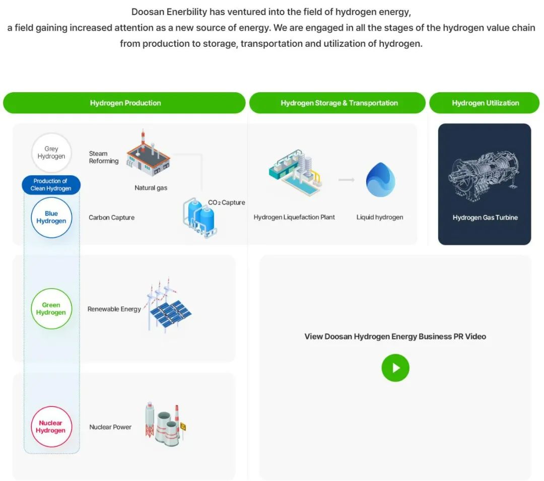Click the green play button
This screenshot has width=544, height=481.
click(395, 368)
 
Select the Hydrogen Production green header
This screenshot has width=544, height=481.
click(125, 103)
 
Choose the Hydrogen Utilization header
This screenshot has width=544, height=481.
click(485, 103)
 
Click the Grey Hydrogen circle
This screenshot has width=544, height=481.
click(51, 153)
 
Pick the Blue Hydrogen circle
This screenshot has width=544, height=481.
click(51, 218)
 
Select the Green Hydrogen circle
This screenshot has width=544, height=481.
click(51, 309)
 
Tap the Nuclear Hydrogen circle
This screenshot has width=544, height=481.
click(51, 427)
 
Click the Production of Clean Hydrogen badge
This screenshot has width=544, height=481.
click(51, 185)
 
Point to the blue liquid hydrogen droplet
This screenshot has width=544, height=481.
click(380, 180)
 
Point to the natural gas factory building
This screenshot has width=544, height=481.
click(148, 153)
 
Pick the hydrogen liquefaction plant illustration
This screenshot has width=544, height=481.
click(294, 172)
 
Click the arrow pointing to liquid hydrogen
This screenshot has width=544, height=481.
click(346, 179)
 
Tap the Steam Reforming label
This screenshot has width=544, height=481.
click(103, 157)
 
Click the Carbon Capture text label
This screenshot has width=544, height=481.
click(111, 218)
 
